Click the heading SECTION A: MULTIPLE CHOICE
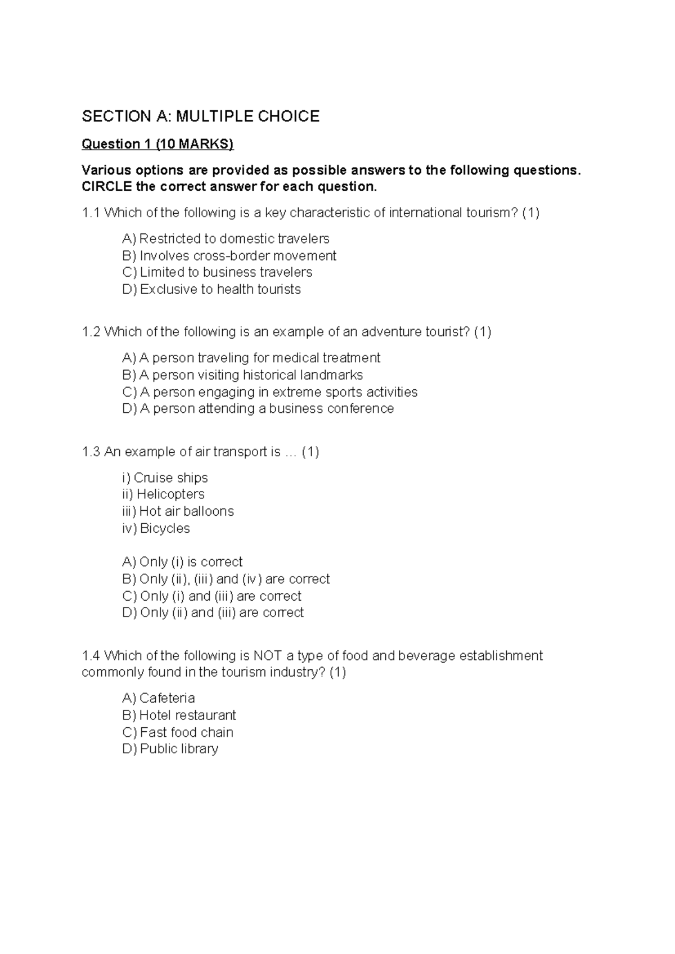click(x=200, y=116)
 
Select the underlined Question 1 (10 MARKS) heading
click(x=157, y=144)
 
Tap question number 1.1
click(x=91, y=213)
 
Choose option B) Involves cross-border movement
click(x=229, y=256)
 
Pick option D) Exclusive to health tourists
click(x=211, y=290)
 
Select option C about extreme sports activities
click(x=269, y=392)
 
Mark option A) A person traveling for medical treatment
click(x=251, y=358)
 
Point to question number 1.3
click(x=91, y=452)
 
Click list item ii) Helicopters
click(x=163, y=494)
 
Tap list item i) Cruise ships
click(x=165, y=478)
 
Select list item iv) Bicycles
click(x=156, y=528)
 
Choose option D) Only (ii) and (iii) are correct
click(x=213, y=613)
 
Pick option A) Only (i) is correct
click(x=182, y=562)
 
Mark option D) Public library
click(x=170, y=749)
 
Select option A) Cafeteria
click(x=159, y=698)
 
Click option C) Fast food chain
click(x=177, y=732)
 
